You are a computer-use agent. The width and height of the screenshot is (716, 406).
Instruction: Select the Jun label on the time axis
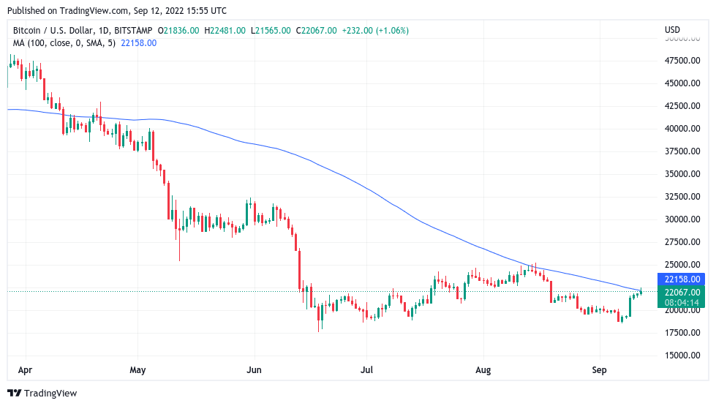254,371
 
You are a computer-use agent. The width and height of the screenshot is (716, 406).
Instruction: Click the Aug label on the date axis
483,371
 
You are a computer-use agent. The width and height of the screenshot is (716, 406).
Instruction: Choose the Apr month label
25,371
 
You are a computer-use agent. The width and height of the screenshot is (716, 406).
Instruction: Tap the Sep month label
599,371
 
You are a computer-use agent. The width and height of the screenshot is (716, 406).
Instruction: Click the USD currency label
672,30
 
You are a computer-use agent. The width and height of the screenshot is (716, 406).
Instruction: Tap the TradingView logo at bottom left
42,394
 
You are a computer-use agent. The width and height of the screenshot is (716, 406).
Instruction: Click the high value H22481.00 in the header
227,31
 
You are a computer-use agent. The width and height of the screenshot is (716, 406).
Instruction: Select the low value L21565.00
271,31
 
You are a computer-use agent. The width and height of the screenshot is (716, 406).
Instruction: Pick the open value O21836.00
181,31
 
